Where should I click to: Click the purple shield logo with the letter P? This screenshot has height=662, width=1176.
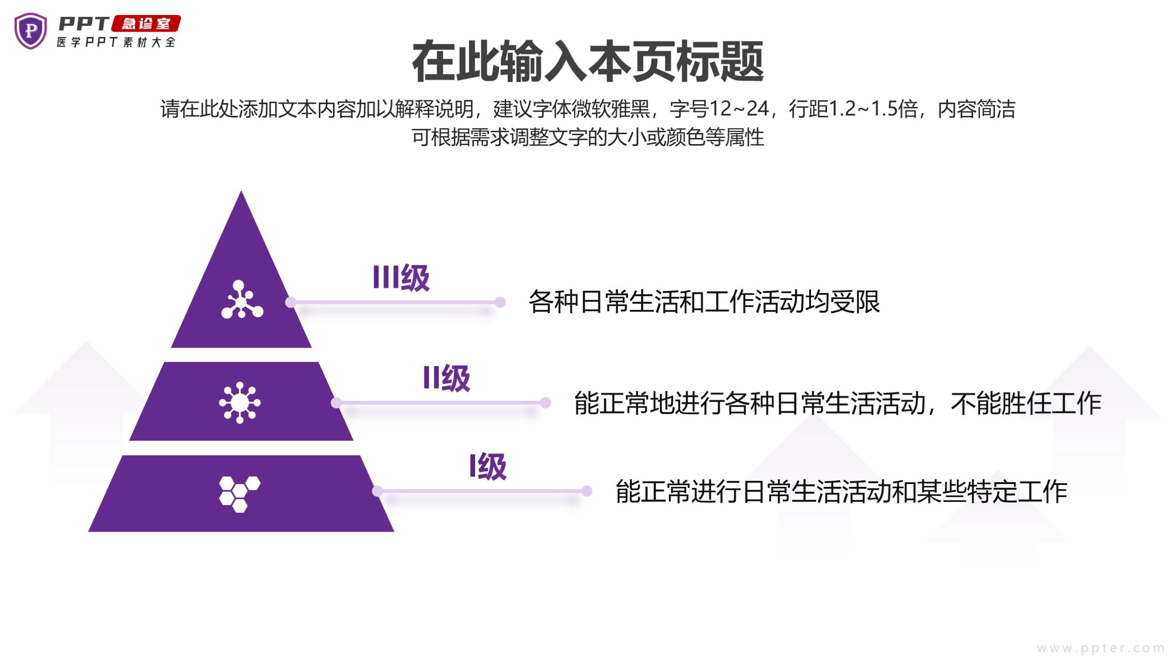coord(31,31)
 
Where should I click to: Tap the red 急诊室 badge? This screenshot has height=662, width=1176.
coord(146,24)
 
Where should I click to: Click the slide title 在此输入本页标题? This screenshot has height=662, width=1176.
coord(588,62)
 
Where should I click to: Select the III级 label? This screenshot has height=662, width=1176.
coord(401,278)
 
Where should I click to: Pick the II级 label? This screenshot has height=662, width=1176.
coord(446,378)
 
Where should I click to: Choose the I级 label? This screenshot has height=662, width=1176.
coord(488,467)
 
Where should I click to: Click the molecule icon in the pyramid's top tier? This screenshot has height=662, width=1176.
coord(241,300)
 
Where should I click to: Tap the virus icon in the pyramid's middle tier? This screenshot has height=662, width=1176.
coord(240,403)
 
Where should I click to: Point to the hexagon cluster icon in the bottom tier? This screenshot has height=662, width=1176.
coord(239,494)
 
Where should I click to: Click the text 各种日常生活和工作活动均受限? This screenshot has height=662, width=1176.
coord(704,302)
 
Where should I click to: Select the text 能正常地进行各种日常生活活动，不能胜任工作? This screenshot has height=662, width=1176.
coord(837,404)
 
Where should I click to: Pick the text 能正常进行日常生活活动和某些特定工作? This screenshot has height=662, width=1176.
coord(841,492)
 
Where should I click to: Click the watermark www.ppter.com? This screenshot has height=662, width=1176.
coord(1101,648)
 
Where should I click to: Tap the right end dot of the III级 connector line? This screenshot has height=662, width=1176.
coord(500,302)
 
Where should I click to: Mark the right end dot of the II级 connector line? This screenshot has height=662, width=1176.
coord(546,403)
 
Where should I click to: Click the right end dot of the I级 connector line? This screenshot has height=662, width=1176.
coord(587,491)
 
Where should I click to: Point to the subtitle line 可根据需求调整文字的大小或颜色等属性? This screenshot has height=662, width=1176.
coord(588,137)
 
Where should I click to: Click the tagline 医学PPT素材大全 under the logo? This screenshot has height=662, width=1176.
coord(116,42)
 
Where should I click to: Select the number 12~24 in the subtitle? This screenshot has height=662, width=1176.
coord(739,109)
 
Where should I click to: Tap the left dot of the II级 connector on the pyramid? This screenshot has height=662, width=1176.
coord(336,403)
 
